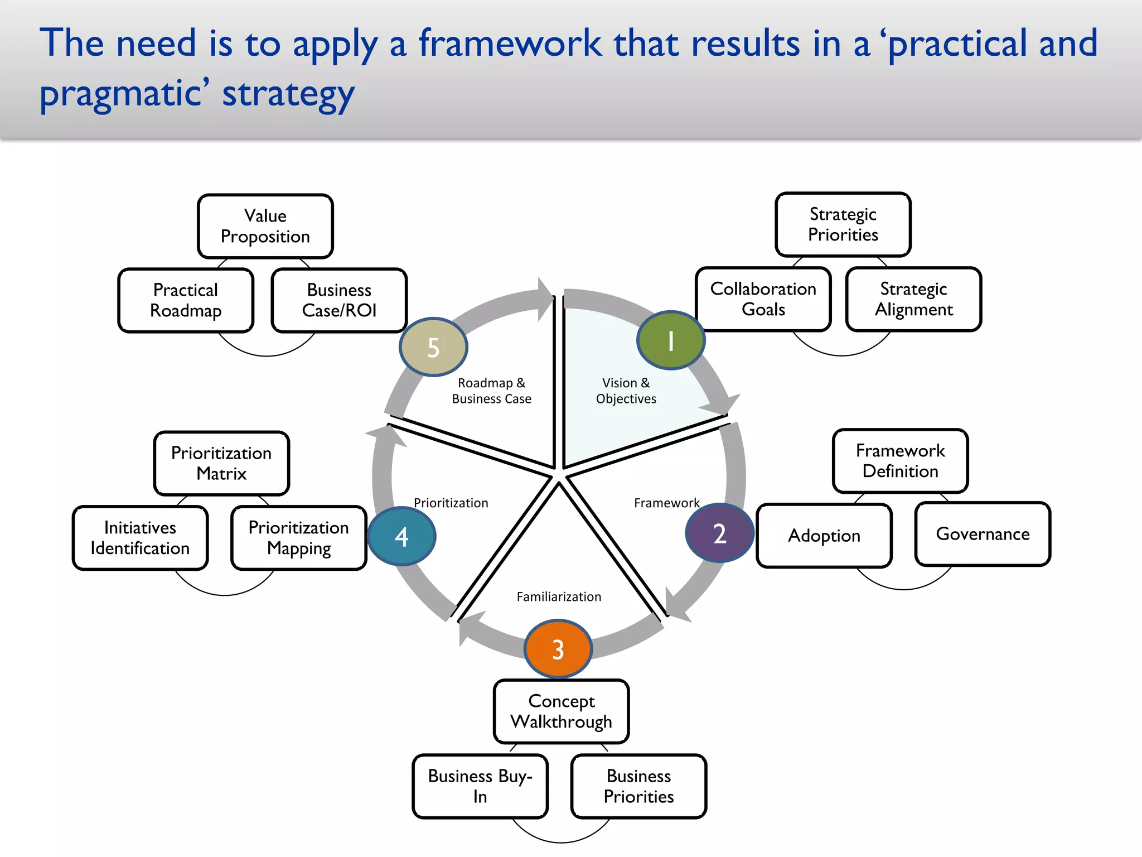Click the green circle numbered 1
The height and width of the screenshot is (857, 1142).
point(671,340)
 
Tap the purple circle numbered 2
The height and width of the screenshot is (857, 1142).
point(719,533)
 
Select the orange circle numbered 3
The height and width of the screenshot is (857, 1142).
point(558,649)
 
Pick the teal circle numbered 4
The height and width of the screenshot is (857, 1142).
point(401,536)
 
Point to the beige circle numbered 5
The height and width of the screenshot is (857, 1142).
point(433,347)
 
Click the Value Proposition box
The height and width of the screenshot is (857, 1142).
point(265,226)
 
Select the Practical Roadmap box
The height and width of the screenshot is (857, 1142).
point(186,300)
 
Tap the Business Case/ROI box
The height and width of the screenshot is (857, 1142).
point(339,300)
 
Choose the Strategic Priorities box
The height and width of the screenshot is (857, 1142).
point(843,224)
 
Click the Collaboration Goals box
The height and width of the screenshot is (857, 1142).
point(763,299)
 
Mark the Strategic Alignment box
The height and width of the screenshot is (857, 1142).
point(913,299)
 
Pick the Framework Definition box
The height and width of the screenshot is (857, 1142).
point(900,461)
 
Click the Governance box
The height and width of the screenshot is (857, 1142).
point(983,534)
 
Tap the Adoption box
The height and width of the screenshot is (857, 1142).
point(824,536)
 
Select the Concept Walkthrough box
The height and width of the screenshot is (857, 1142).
point(561,711)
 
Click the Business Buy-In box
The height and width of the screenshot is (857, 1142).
point(480,786)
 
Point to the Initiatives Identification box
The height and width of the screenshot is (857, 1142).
point(140,538)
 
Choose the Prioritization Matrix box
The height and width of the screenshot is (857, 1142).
point(221,463)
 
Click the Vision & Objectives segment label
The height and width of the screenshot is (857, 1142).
point(626,391)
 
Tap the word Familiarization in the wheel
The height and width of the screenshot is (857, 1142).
point(559,596)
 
